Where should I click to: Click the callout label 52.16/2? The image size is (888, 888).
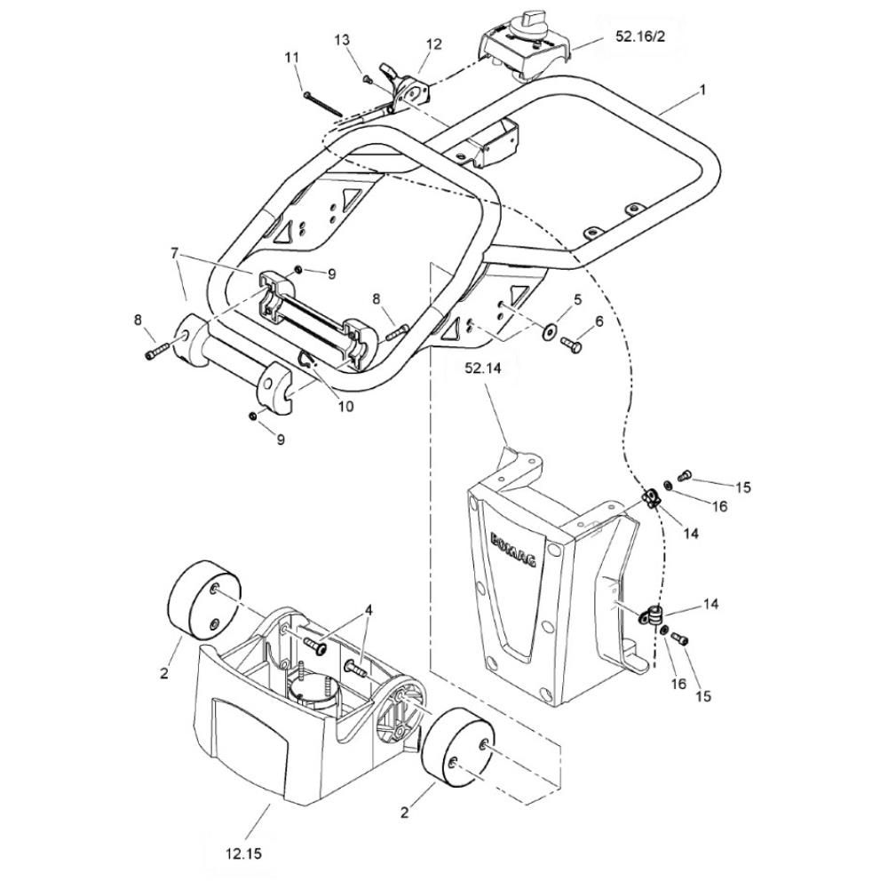pyautogui.click(x=640, y=36)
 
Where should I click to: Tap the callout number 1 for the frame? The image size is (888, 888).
pyautogui.click(x=702, y=90)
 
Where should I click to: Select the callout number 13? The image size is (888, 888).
pyautogui.click(x=342, y=40)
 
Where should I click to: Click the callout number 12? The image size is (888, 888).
pyautogui.click(x=434, y=44)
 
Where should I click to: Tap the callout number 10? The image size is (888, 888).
pyautogui.click(x=345, y=406)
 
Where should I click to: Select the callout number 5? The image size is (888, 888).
pyautogui.click(x=578, y=299)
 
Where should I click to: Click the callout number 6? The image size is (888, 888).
pyautogui.click(x=599, y=321)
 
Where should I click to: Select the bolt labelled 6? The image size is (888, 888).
pyautogui.click(x=571, y=343)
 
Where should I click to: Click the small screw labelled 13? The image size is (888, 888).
pyautogui.click(x=367, y=80)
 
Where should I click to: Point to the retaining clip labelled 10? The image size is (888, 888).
pyautogui.click(x=306, y=361)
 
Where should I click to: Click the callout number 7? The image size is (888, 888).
pyautogui.click(x=174, y=253)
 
